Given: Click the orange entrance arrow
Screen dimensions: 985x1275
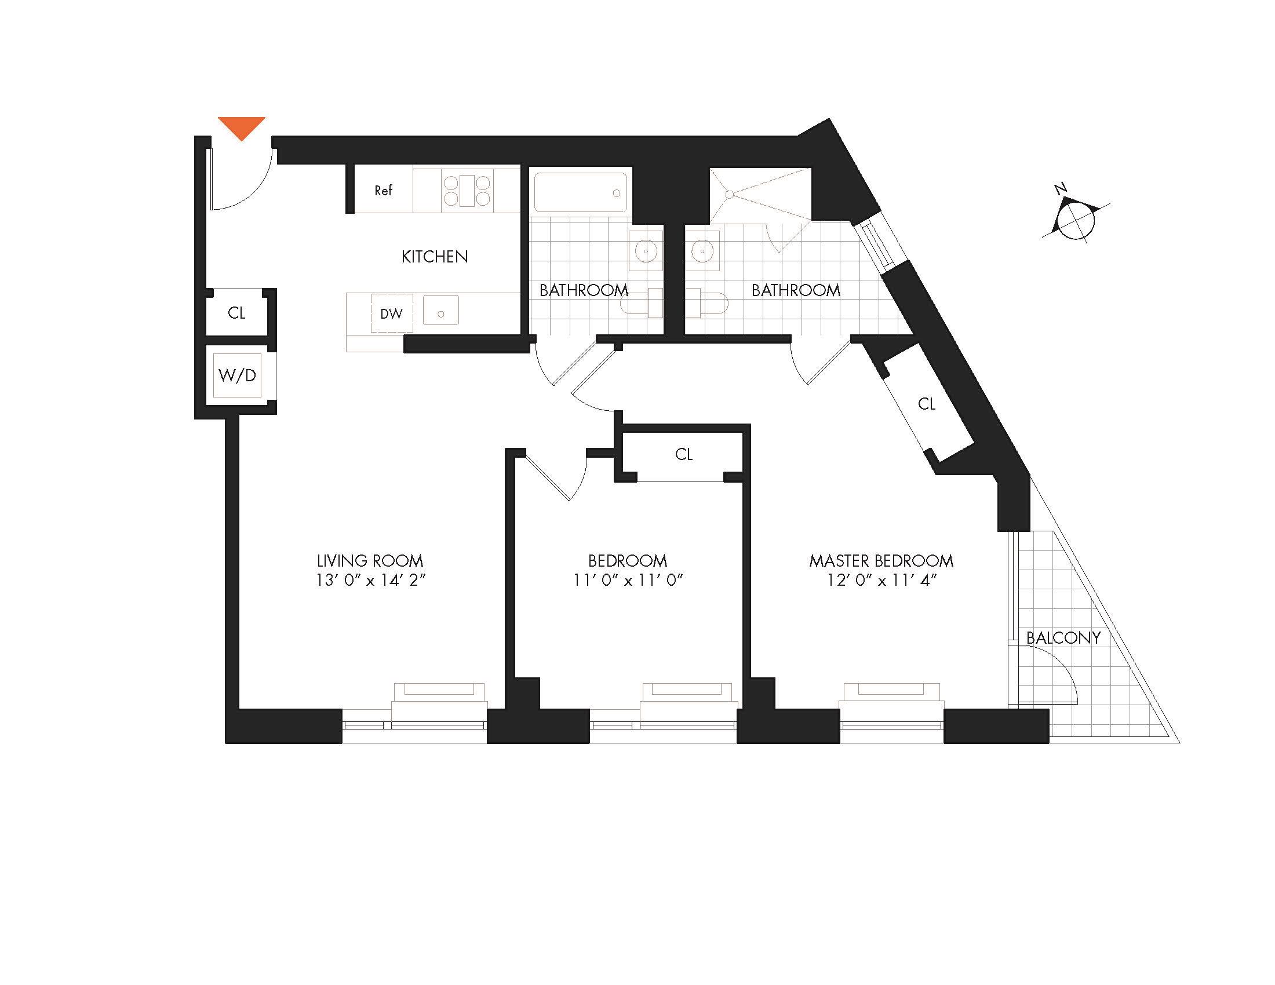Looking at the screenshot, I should tap(241, 127).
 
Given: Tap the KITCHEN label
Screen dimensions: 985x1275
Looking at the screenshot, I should tap(434, 257).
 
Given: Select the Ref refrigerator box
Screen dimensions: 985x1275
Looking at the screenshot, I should tap(384, 190).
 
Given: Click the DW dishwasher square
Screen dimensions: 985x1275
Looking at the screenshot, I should tap(392, 314).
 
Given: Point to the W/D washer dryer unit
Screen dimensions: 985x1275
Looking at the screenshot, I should tap(238, 375).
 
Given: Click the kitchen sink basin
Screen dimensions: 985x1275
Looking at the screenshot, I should tap(441, 311).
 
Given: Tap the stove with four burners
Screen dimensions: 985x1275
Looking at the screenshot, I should tap(467, 191).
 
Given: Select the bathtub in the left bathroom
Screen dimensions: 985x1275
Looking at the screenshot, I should tap(580, 192).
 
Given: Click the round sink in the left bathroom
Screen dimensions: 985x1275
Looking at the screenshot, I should tap(646, 251).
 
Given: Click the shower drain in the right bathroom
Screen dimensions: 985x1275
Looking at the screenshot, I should tap(729, 194).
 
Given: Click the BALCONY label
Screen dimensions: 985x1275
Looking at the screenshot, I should tap(1063, 638).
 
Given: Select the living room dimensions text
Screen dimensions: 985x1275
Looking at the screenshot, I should tap(370, 581).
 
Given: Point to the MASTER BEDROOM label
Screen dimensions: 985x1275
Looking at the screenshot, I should tap(881, 561).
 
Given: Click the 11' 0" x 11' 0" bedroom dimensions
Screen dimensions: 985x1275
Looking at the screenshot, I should tap(628, 581).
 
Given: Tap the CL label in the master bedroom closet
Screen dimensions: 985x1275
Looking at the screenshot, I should tap(927, 404).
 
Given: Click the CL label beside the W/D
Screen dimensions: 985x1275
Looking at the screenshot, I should tap(236, 313).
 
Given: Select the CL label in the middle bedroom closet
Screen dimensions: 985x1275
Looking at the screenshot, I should tap(684, 455).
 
